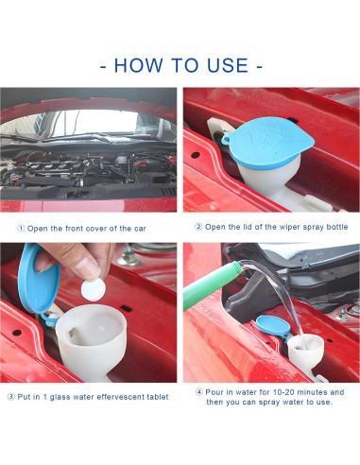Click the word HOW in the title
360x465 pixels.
(x=139, y=65)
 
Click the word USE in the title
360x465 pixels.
(x=228, y=65)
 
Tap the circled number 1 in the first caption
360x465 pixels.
(x=21, y=229)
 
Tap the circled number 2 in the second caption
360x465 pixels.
(x=198, y=227)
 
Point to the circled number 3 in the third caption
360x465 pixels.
(x=11, y=397)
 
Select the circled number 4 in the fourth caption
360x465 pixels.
(x=199, y=392)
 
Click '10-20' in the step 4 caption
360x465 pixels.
(x=283, y=392)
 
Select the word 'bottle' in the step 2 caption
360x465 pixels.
(x=337, y=227)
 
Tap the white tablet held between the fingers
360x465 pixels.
(x=93, y=289)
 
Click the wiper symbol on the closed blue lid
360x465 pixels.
(x=265, y=140)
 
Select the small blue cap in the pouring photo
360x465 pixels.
(x=273, y=326)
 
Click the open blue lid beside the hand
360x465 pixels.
(x=39, y=279)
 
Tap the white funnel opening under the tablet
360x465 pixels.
(x=92, y=328)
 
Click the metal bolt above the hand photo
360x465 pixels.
(x=129, y=256)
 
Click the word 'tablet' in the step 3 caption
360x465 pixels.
(x=158, y=397)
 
